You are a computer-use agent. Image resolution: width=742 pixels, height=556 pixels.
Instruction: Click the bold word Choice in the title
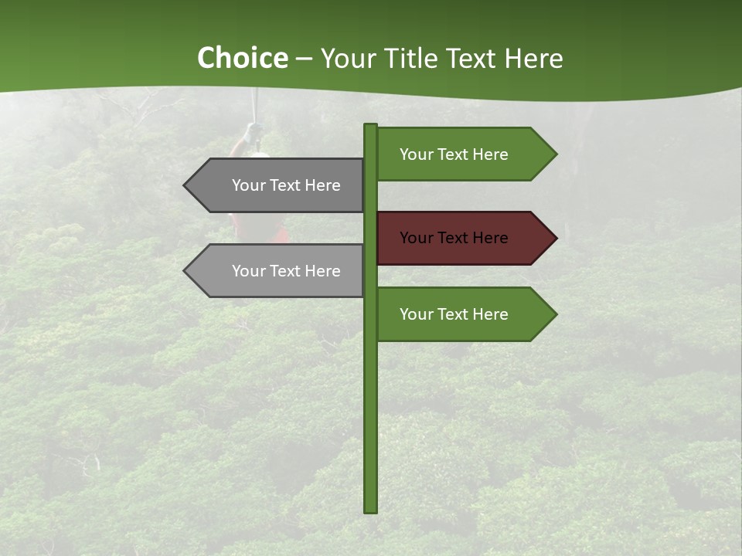(x=242, y=59)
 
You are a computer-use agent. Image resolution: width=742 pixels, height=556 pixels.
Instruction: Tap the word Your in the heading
(x=346, y=59)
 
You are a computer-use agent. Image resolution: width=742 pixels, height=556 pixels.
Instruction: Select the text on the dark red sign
(x=454, y=238)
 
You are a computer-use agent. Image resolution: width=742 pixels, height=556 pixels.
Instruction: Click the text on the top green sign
(x=454, y=154)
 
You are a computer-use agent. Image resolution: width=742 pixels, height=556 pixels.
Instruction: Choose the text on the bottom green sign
(x=454, y=314)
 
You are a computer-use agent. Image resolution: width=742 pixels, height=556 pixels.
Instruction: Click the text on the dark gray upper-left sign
(x=286, y=185)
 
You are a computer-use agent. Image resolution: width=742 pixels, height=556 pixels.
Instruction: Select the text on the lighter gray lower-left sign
(x=286, y=271)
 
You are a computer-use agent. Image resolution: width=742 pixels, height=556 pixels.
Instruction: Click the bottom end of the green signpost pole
(x=371, y=510)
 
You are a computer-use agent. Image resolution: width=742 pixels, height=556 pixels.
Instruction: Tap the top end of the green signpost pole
(x=371, y=126)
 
